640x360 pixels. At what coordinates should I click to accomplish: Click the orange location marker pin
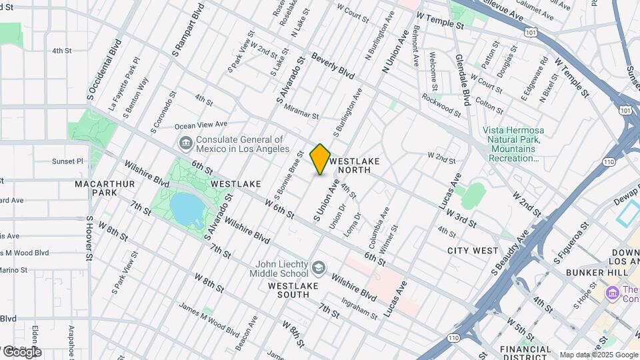click(320, 159)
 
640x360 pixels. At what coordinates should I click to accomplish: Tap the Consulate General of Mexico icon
click(185, 143)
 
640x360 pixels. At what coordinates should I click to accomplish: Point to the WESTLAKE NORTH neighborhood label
click(355, 166)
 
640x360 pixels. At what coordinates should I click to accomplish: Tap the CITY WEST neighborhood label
click(473, 251)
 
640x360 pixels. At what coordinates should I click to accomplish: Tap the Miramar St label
click(301, 111)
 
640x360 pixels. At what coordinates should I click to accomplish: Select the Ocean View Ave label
click(201, 125)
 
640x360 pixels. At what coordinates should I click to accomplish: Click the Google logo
click(21, 351)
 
